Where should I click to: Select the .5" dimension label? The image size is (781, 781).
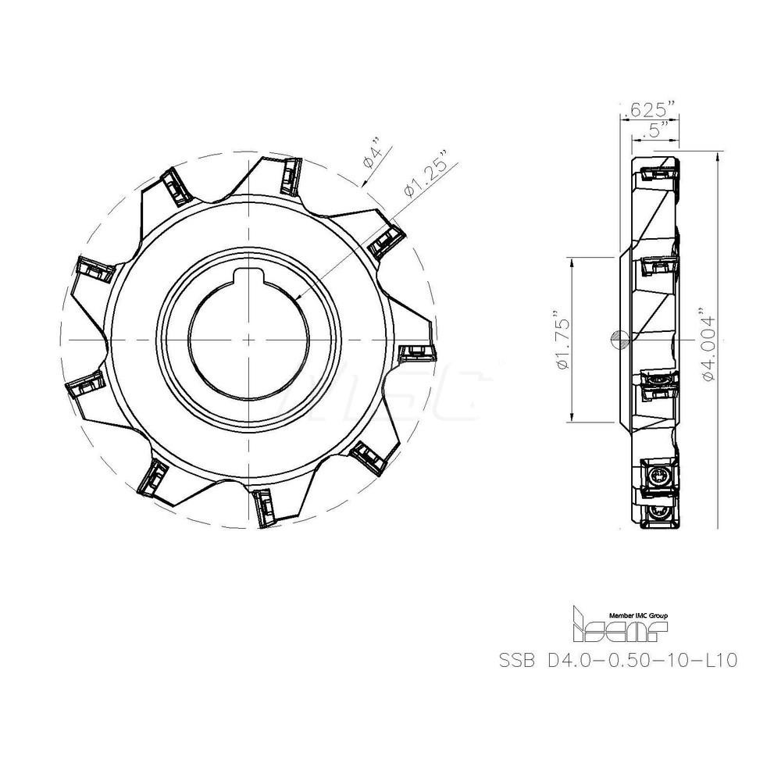tap(649, 130)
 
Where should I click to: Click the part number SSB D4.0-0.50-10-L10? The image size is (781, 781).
tap(618, 660)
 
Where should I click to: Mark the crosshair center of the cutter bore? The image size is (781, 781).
tap(248, 341)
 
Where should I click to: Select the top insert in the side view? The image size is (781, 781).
tap(658, 172)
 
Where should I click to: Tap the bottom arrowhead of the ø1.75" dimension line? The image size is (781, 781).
tap(574, 419)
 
